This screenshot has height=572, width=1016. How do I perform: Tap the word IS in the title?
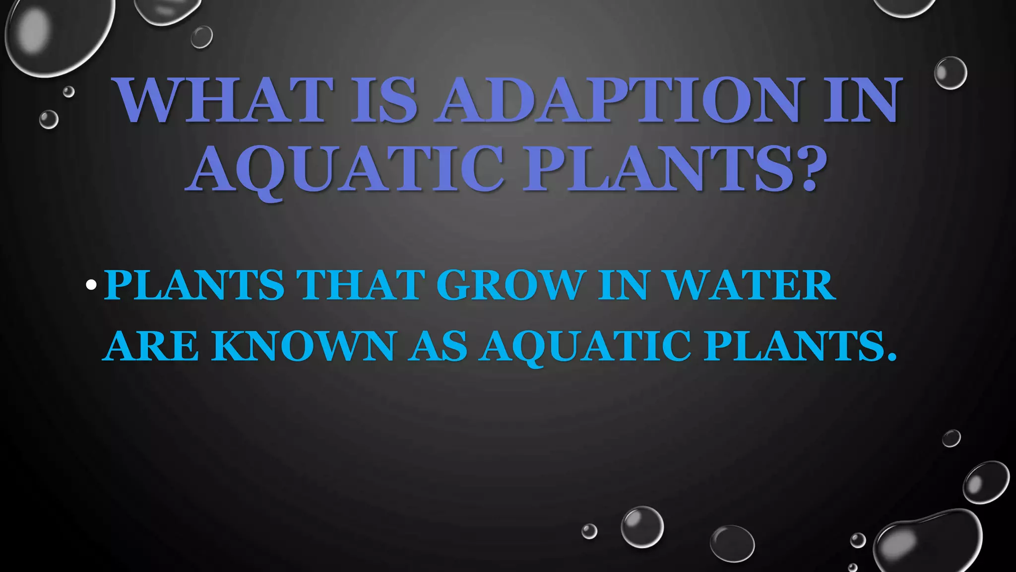[x=384, y=100]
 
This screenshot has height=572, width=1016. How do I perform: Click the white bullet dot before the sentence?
[x=91, y=285]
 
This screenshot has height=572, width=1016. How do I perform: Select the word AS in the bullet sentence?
[x=439, y=346]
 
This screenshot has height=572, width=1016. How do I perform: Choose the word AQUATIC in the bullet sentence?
[x=585, y=346]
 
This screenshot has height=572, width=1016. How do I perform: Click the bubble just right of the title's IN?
[x=950, y=73]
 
